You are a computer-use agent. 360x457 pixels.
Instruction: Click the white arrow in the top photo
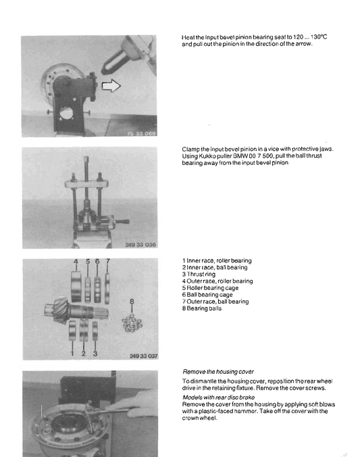click(x=111, y=86)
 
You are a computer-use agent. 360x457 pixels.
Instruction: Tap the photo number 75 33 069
click(x=142, y=133)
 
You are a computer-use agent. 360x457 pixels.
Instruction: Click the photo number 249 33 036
click(x=140, y=245)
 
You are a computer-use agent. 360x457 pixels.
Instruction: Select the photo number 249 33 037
click(x=143, y=356)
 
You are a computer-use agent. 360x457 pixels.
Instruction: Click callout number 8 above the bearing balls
click(x=132, y=301)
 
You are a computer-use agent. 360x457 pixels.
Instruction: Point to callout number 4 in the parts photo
click(x=76, y=262)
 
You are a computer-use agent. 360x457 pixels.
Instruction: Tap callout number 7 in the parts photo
click(x=108, y=261)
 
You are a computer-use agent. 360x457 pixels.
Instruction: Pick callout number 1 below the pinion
click(x=72, y=354)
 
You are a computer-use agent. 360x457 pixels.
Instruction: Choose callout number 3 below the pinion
click(x=95, y=354)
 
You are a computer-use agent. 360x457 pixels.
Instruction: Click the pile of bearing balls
click(x=132, y=323)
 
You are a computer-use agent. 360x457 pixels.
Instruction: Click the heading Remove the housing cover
click(x=218, y=372)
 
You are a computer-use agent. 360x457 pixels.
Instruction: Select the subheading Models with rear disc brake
click(x=218, y=398)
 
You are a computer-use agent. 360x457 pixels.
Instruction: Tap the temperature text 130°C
click(x=319, y=37)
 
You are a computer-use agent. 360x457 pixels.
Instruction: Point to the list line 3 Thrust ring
click(x=199, y=274)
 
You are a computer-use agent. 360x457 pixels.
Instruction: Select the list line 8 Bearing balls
click(x=202, y=308)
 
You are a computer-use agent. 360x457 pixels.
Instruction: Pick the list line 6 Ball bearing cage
click(x=207, y=295)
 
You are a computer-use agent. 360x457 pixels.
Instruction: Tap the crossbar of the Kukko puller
click(x=86, y=184)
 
